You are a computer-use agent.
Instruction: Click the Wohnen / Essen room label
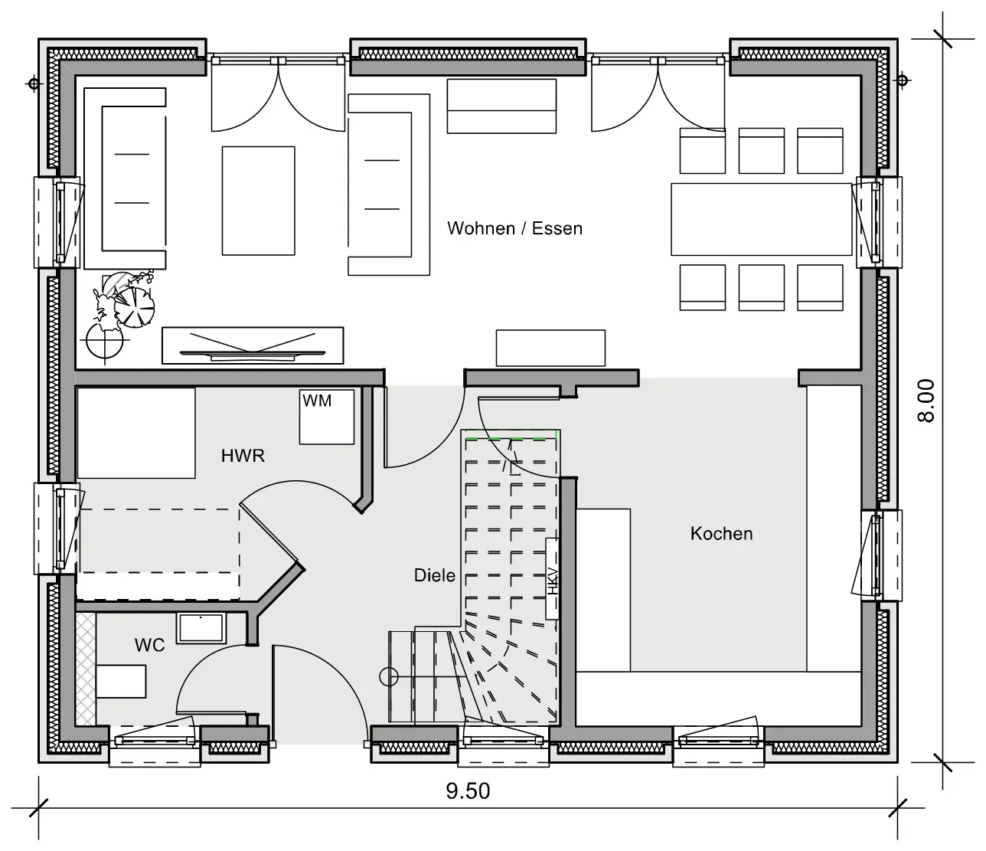click(514, 228)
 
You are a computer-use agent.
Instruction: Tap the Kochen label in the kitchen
click(721, 534)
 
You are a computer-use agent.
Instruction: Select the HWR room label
click(243, 456)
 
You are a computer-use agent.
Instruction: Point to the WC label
click(149, 645)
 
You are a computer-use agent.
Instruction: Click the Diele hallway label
click(435, 575)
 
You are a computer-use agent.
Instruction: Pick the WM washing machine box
click(327, 417)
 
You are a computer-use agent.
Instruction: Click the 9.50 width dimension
click(468, 791)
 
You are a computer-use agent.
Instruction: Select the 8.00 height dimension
click(926, 401)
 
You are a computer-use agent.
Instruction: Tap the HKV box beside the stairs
click(552, 578)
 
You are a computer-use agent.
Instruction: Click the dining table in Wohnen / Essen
click(762, 219)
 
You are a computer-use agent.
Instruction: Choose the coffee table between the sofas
click(259, 201)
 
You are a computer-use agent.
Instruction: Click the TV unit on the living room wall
click(253, 345)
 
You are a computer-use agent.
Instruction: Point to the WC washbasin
click(201, 628)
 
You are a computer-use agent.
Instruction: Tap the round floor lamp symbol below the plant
click(104, 342)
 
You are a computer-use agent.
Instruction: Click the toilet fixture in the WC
click(121, 682)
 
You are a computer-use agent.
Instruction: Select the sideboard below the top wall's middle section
click(501, 106)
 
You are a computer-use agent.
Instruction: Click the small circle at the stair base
click(389, 677)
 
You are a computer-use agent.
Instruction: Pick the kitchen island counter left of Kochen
click(603, 590)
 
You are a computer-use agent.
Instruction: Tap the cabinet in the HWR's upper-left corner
click(136, 433)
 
